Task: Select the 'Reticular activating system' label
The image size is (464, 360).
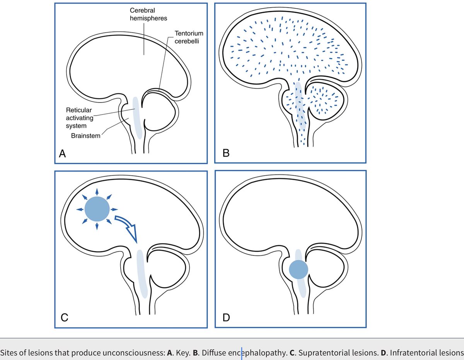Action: point(76,118)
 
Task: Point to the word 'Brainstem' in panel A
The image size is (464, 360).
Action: point(85,136)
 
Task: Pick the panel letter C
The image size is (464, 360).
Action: point(64,318)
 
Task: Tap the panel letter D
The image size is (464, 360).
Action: point(227,318)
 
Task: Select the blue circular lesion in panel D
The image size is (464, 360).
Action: point(299,270)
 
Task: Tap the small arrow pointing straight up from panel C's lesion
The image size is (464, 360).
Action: point(97,191)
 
